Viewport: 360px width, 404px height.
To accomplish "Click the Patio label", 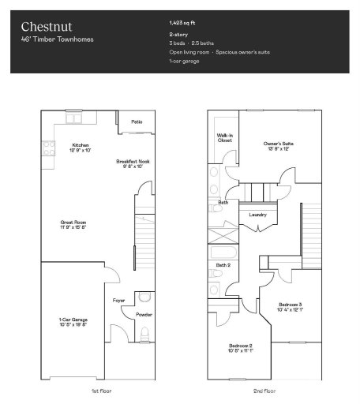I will tap(137, 122).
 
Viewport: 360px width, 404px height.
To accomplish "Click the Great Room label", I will tap(73, 225).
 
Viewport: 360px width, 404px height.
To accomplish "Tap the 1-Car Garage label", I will tap(73, 321).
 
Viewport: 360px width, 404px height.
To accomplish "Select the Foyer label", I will tap(118, 301).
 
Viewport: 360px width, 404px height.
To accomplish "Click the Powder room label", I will tap(144, 314).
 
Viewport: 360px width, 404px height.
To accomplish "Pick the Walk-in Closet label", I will tap(225, 137).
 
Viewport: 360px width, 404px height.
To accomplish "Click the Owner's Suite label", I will tap(279, 145).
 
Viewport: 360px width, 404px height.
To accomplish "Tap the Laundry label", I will tap(257, 215).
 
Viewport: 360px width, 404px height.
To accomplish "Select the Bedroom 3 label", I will tap(290, 306).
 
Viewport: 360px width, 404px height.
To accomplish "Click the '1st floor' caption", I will tap(101, 391).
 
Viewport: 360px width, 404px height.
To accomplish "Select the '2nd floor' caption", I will tap(265, 391).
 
